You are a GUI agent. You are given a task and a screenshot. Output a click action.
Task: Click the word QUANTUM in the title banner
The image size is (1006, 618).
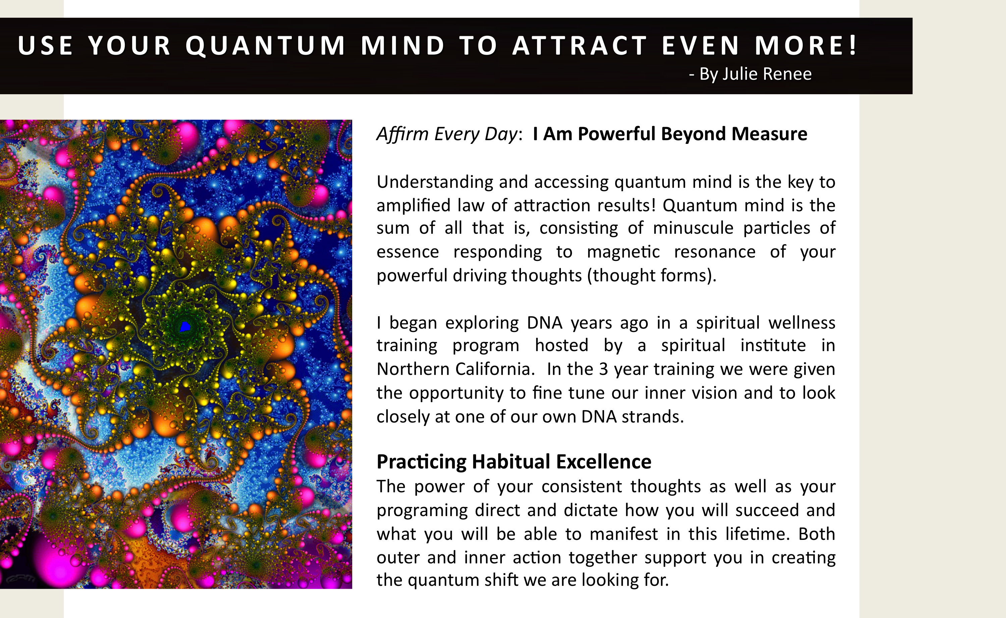point(266,46)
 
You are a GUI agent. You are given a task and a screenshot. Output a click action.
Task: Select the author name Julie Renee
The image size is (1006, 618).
point(767,74)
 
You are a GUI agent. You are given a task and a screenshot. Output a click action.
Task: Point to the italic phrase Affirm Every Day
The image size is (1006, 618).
point(447,134)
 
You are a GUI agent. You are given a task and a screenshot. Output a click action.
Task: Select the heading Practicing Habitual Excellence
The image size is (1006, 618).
point(514,462)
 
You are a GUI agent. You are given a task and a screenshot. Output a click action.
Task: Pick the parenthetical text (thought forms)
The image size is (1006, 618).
point(651,276)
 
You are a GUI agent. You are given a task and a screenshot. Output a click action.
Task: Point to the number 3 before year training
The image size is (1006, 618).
point(603,369)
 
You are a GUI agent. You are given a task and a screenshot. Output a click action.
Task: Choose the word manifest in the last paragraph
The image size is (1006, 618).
point(624,534)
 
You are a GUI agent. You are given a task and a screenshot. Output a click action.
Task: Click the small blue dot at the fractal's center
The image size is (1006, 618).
point(185,327)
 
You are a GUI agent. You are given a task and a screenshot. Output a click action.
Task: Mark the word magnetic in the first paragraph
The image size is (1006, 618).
point(623,252)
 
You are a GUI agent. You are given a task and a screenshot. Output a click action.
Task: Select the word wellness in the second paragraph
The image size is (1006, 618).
point(802,323)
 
